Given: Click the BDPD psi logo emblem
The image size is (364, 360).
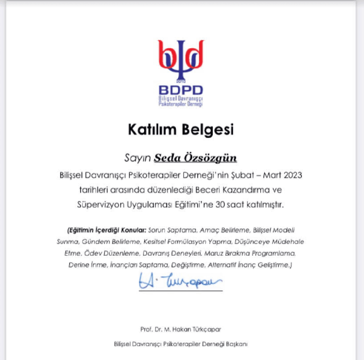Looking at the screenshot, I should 181,59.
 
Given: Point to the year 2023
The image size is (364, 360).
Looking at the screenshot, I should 291,175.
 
